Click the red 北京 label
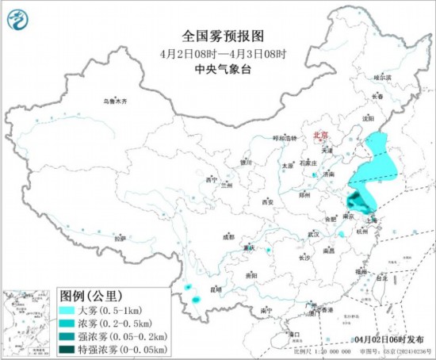322,135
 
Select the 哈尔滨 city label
382,78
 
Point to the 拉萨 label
120,238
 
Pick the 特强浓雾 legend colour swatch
67,348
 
